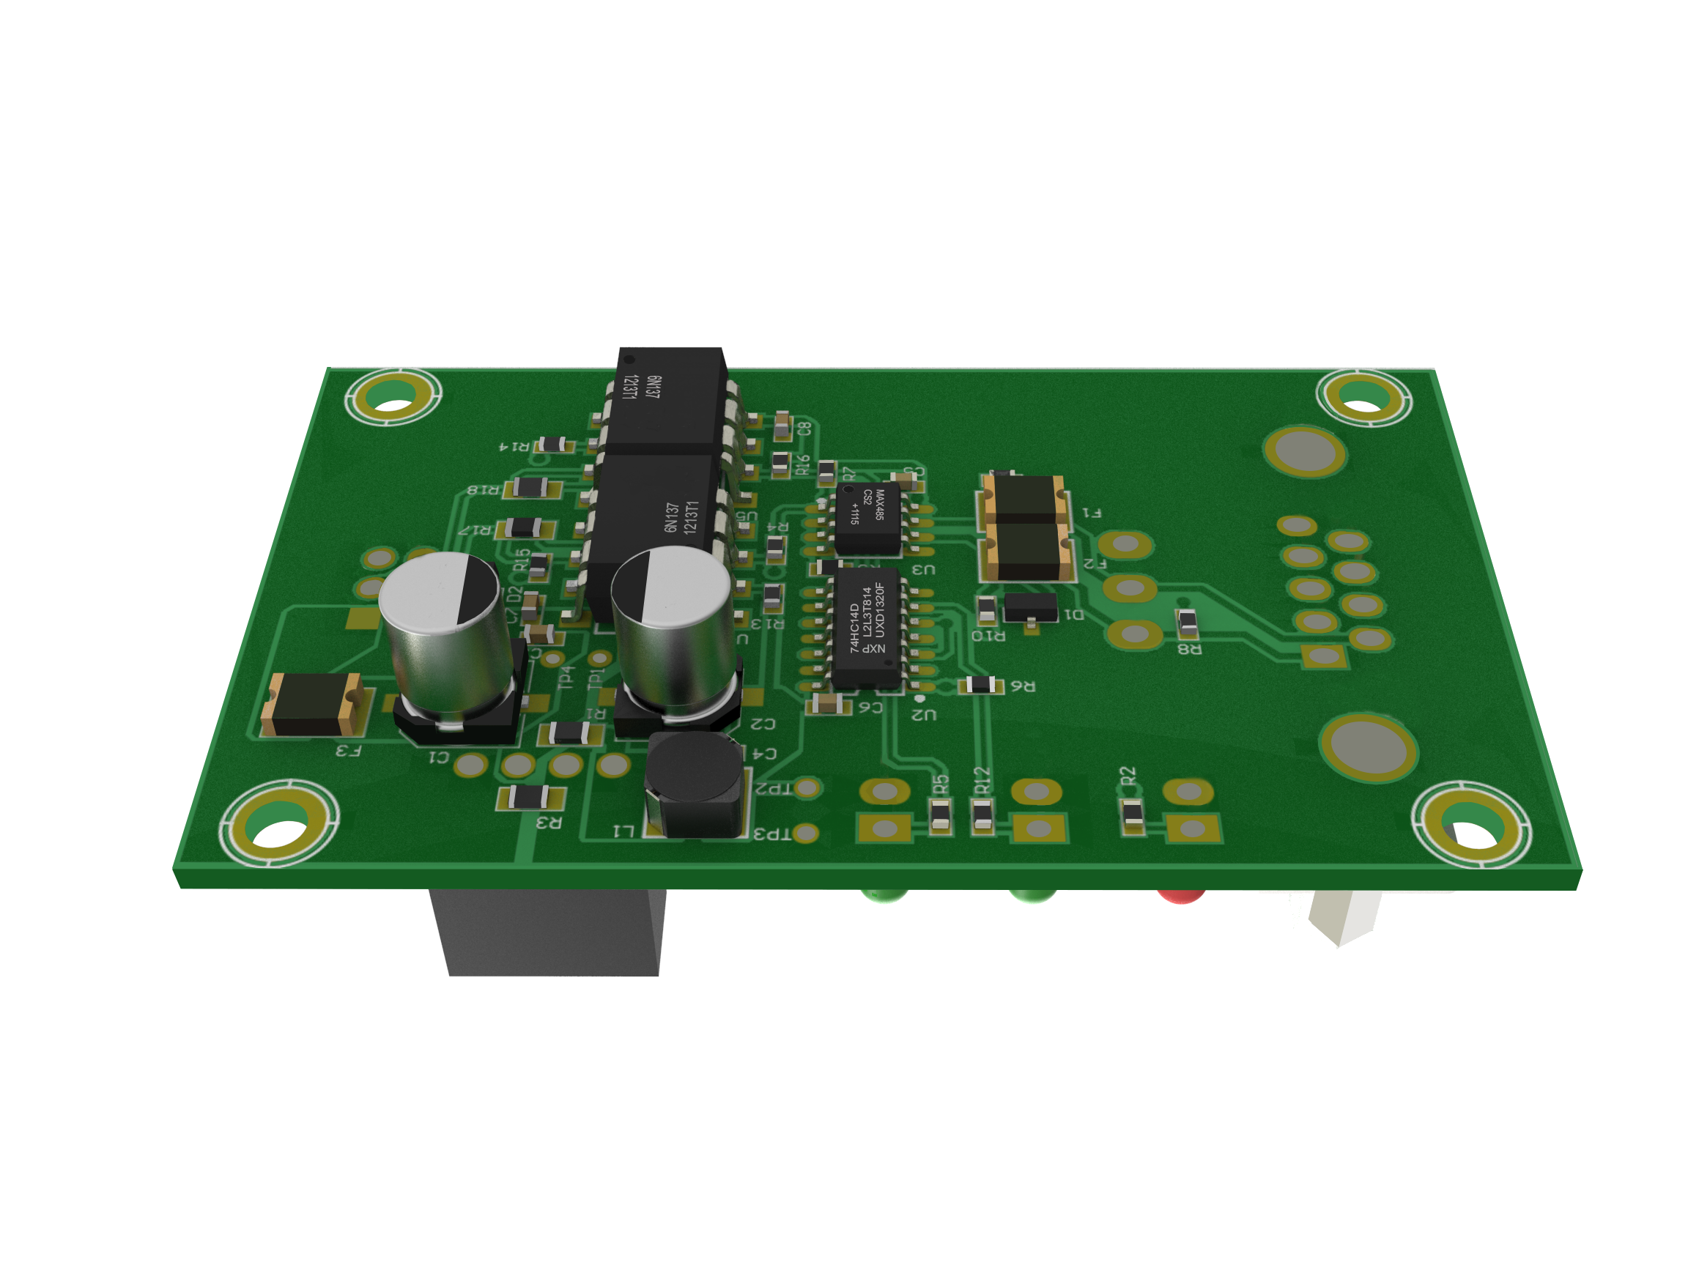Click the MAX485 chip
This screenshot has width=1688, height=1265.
pyautogui.click(x=867, y=518)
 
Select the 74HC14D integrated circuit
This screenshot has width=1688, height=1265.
pyautogui.click(x=866, y=628)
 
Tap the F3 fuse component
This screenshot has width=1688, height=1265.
pyautogui.click(x=312, y=705)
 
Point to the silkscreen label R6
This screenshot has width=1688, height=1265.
pyautogui.click(x=1023, y=686)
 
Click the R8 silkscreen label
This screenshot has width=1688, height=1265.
pyautogui.click(x=1189, y=649)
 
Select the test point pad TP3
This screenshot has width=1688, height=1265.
pyautogui.click(x=806, y=834)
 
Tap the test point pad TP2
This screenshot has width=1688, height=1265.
pyautogui.click(x=807, y=787)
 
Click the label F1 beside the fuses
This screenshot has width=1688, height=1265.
pyautogui.click(x=1091, y=513)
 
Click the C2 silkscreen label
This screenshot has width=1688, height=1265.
pyautogui.click(x=763, y=723)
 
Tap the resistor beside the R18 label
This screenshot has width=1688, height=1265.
pyautogui.click(x=529, y=487)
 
